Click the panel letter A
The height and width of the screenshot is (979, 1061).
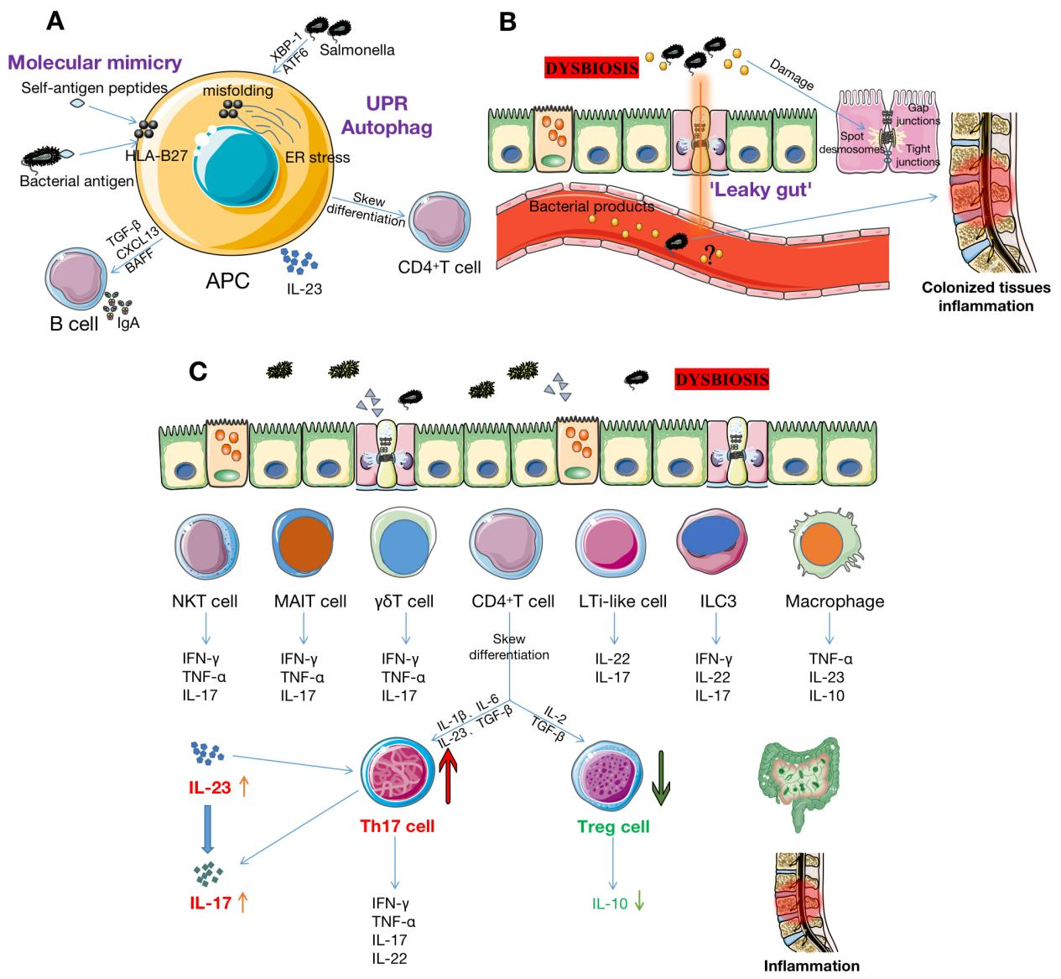tap(55, 21)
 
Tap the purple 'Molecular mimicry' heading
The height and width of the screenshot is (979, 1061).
tap(95, 62)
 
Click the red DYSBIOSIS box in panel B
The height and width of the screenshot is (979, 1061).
tap(592, 67)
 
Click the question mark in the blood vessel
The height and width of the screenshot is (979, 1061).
tap(710, 254)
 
